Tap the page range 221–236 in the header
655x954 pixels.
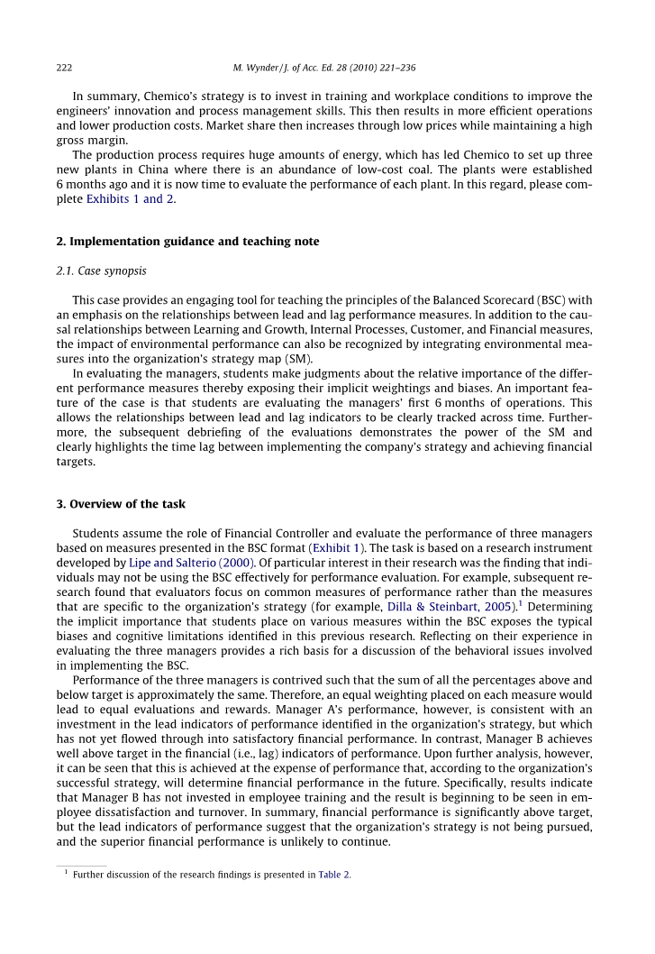(393, 68)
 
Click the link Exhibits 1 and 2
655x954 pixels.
(131, 199)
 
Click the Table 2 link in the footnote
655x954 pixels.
(334, 875)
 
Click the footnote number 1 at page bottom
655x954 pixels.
(66, 872)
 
